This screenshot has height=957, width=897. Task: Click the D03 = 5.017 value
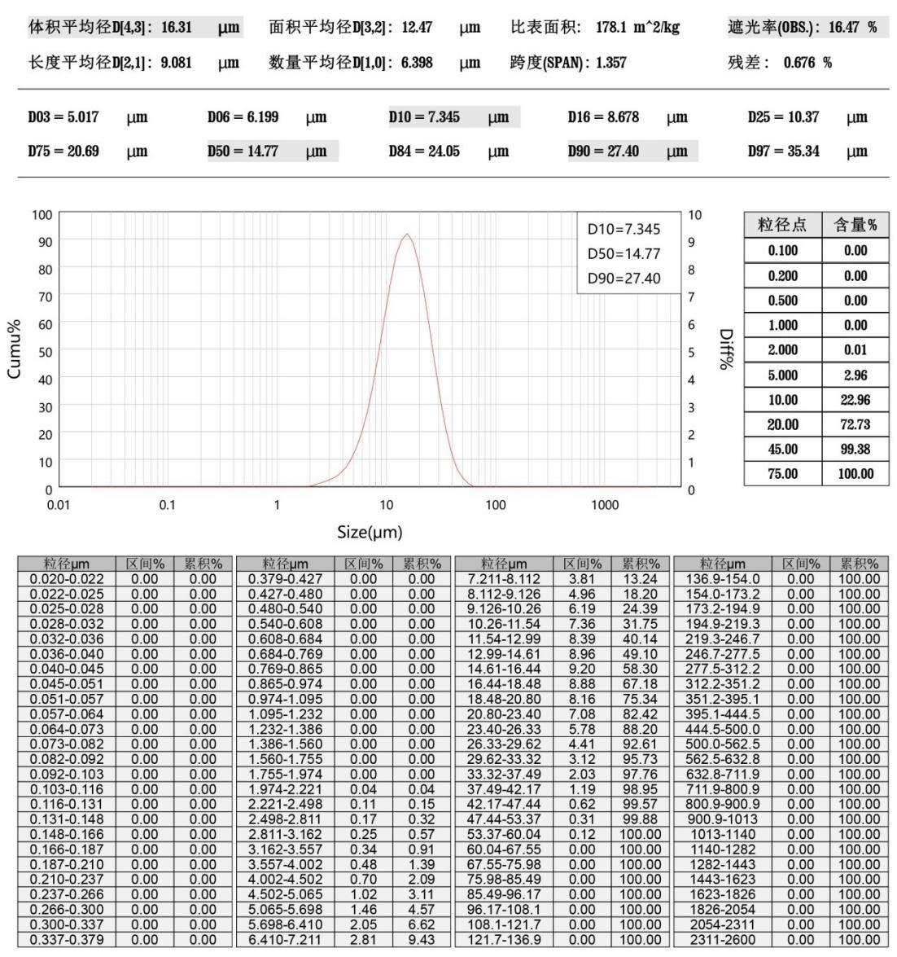pyautogui.click(x=63, y=117)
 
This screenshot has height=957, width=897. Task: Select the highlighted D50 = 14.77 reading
pyautogui.click(x=244, y=151)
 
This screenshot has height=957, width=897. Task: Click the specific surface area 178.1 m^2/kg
pyautogui.click(x=637, y=28)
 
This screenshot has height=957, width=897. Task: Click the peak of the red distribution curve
pyautogui.click(x=407, y=235)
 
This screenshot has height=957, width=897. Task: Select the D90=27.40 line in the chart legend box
pyautogui.click(x=624, y=279)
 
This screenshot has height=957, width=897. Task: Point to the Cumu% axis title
pyautogui.click(x=15, y=352)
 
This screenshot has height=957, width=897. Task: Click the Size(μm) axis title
pyautogui.click(x=370, y=533)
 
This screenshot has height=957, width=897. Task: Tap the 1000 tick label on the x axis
pyautogui.click(x=605, y=505)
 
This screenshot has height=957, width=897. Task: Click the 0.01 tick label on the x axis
pyautogui.click(x=58, y=505)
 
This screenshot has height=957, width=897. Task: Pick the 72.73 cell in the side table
pyautogui.click(x=855, y=424)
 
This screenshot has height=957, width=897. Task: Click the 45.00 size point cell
pyautogui.click(x=782, y=449)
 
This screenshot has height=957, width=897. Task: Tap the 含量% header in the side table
pyautogui.click(x=855, y=226)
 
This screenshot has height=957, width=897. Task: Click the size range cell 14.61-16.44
pyautogui.click(x=504, y=669)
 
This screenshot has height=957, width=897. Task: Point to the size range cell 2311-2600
pyautogui.click(x=723, y=940)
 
